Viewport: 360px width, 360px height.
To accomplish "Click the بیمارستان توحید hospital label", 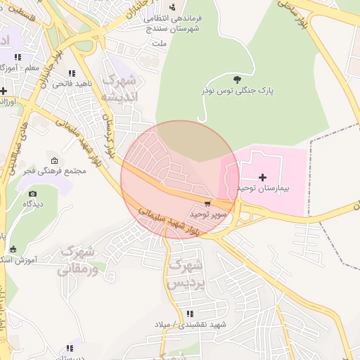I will point(264,189).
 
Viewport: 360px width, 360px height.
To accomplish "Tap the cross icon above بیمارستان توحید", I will point(263,176).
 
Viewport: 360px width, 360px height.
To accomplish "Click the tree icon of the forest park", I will point(237,79).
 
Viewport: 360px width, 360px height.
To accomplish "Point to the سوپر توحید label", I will point(207,214).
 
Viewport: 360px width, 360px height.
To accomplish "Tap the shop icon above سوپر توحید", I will point(207,203).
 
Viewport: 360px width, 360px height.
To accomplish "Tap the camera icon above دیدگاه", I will point(32,193).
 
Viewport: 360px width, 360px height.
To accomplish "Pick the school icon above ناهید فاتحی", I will point(71,73).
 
